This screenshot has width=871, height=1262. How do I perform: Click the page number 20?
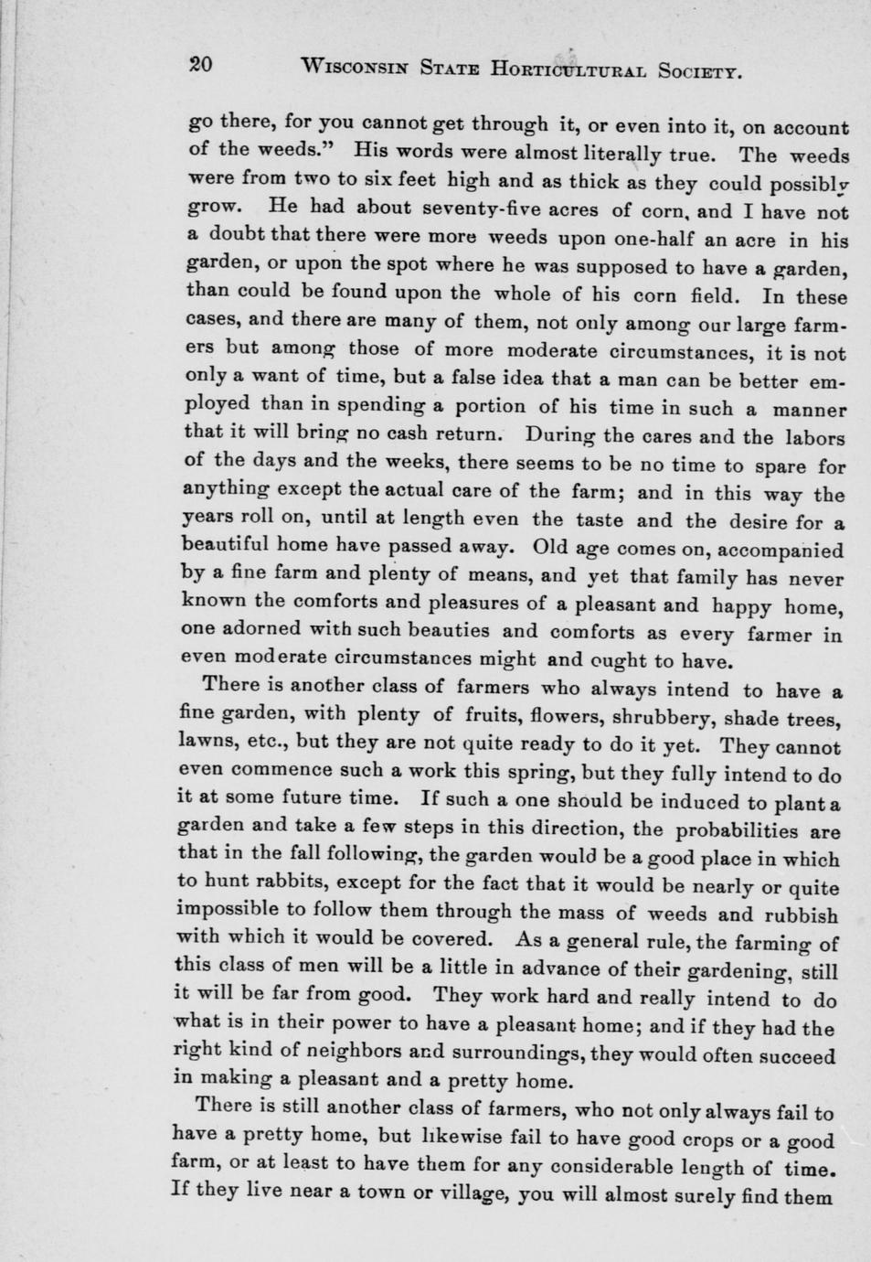200,63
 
